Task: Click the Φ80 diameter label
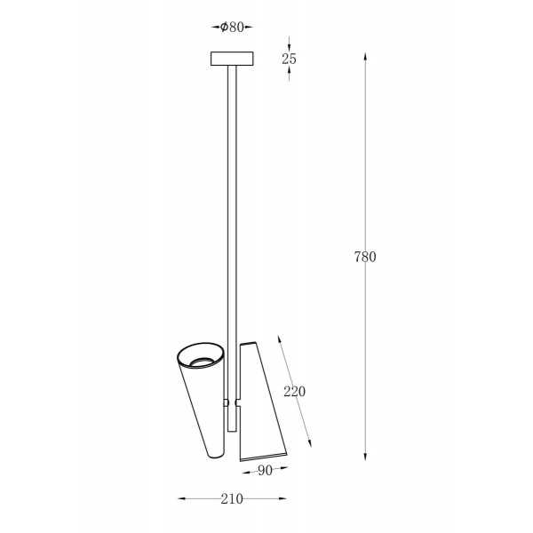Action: point(232,27)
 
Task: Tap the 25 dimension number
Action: point(289,60)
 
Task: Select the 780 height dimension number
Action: point(365,257)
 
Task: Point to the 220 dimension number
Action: point(294,392)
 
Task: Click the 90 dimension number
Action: point(265,471)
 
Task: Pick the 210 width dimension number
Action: point(232,499)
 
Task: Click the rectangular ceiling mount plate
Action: point(232,59)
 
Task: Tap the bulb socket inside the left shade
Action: point(203,362)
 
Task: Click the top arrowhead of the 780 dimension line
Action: point(365,57)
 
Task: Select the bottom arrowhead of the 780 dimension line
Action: point(365,456)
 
